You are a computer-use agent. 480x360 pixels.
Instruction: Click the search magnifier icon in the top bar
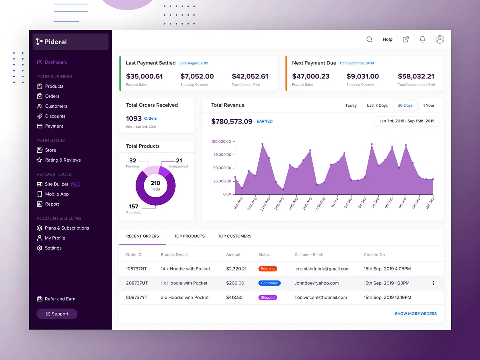pos(370,39)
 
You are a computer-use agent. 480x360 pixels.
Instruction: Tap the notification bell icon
pos(422,39)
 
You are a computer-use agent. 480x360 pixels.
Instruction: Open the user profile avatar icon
pos(440,39)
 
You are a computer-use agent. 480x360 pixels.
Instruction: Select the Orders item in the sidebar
pos(52,96)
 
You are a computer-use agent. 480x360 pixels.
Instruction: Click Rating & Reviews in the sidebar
pos(62,160)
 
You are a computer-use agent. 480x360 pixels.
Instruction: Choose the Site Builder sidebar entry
pos(56,184)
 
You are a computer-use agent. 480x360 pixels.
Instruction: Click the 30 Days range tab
pos(405,106)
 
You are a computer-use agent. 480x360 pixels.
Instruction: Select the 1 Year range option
pos(428,106)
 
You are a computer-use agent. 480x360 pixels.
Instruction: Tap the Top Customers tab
pos(234,236)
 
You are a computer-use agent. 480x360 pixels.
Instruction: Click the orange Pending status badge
pos(268,269)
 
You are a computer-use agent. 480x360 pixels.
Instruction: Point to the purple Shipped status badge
pos(268,298)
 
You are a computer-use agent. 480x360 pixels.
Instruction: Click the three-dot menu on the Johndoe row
pos(434,283)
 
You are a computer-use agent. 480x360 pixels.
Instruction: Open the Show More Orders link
pos(416,314)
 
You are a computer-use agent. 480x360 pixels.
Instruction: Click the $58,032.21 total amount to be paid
pos(416,76)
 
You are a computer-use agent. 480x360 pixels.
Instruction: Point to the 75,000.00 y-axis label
pos(221,155)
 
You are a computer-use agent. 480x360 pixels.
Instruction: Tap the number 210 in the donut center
pos(155,183)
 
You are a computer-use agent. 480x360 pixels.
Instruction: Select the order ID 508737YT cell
pos(137,298)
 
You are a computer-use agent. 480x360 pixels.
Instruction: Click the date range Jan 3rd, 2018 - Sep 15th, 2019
pos(407,121)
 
